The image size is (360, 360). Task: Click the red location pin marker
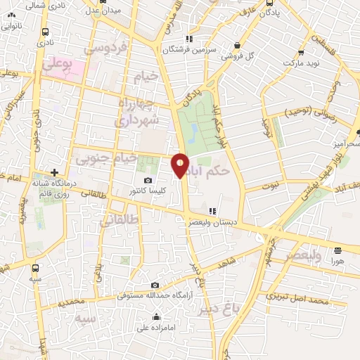181,165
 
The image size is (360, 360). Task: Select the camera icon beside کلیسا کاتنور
147,180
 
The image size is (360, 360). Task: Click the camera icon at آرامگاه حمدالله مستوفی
155,285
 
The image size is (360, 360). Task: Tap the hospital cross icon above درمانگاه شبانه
54,172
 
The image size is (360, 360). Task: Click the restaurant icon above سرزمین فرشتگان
188,39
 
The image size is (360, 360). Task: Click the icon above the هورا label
338,250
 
